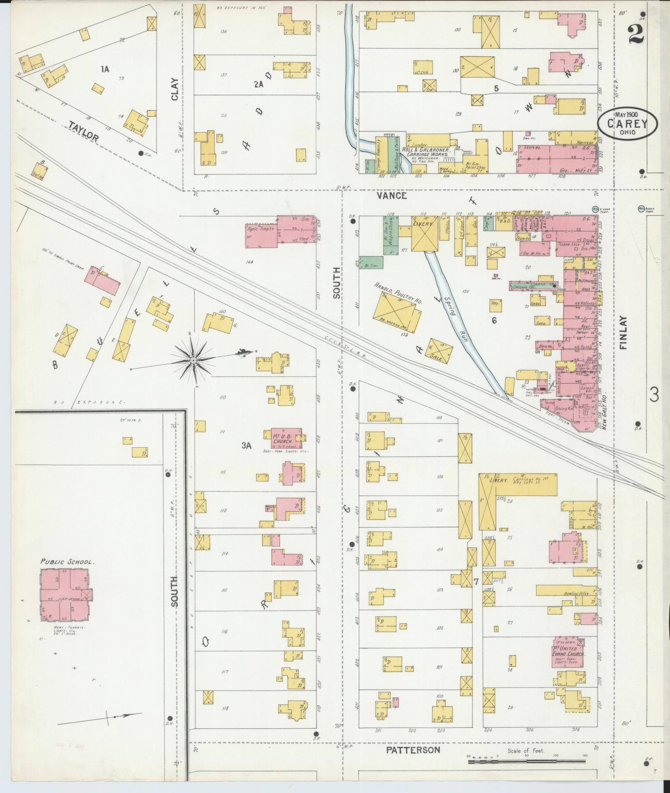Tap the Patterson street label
click(x=413, y=750)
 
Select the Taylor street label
click(x=84, y=132)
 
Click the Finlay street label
click(x=623, y=333)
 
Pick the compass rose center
click(x=192, y=360)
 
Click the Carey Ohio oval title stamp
click(x=628, y=124)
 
